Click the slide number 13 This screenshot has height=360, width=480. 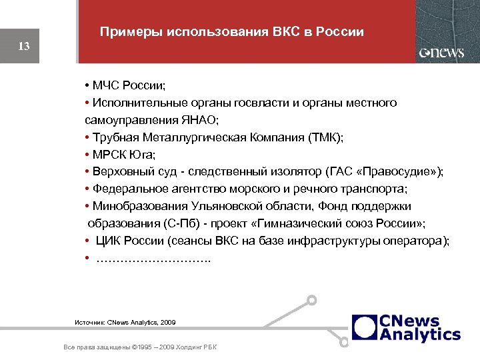pos(24,47)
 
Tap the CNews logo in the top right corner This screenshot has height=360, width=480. pos(441,53)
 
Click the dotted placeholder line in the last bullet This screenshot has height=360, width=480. pos(153,258)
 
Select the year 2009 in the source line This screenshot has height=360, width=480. pos(167,322)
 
